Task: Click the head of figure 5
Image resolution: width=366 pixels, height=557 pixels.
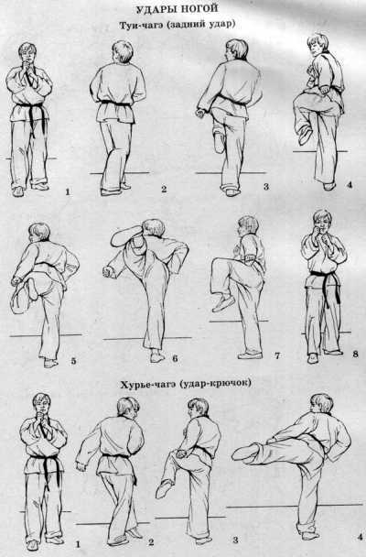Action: [38, 233]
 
